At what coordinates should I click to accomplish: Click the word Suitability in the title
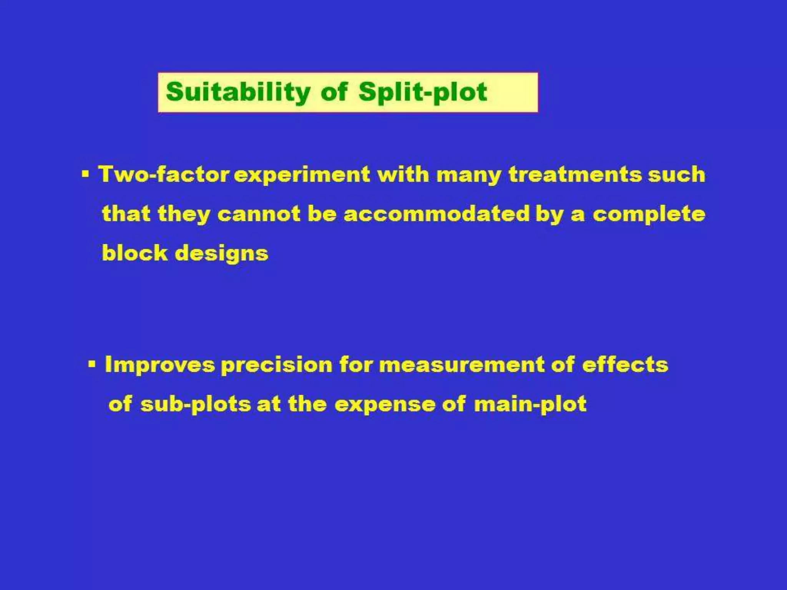(x=238, y=92)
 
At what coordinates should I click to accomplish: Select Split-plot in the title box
(x=423, y=92)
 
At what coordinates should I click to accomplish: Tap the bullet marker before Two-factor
(x=85, y=175)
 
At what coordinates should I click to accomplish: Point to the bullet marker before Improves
(x=91, y=364)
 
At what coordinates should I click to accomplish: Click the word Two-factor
(x=164, y=174)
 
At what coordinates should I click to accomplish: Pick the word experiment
(x=302, y=175)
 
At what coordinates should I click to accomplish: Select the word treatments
(x=575, y=174)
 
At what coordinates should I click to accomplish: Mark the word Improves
(x=159, y=365)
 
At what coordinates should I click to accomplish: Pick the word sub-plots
(x=195, y=404)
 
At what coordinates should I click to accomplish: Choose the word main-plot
(x=530, y=404)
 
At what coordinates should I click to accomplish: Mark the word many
(x=469, y=175)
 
